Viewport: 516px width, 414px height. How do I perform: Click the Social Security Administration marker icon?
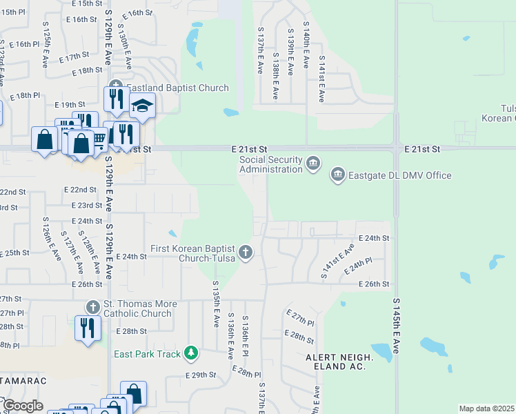[x=313, y=163]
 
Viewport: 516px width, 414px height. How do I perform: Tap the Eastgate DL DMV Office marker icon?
[x=337, y=175]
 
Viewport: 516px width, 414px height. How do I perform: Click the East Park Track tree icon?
[x=191, y=354]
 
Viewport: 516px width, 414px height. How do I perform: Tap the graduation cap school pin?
[x=142, y=106]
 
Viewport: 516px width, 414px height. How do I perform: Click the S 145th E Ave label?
[x=396, y=326]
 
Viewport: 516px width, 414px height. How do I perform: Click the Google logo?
[x=23, y=406]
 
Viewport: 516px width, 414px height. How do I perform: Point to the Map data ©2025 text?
[x=486, y=408]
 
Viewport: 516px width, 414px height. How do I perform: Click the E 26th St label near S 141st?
[x=374, y=284]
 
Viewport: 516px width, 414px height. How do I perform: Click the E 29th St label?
[x=201, y=375]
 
